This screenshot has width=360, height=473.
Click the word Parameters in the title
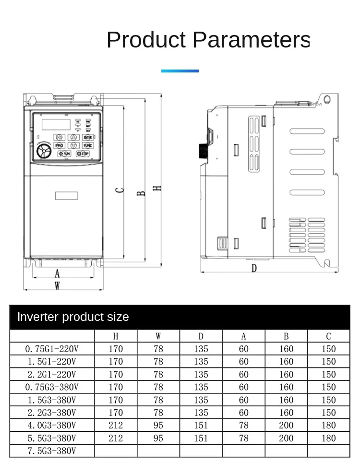point(251,40)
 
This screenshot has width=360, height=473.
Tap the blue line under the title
point(180,71)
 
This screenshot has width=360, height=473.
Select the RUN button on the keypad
point(64,154)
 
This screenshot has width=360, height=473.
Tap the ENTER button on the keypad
point(87,137)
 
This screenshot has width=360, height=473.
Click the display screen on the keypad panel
point(57,124)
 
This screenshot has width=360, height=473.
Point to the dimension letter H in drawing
point(157,188)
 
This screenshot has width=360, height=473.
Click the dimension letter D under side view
point(254,268)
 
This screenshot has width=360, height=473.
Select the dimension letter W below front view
point(57,286)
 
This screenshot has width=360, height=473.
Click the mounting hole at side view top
point(327,100)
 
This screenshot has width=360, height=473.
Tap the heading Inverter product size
point(73,317)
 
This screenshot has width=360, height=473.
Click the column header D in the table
point(201,336)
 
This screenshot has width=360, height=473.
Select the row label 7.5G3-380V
point(51,450)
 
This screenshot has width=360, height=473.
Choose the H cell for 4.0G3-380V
point(116,425)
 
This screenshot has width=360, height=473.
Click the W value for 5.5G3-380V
point(158,438)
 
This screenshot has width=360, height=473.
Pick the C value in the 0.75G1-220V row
point(329,349)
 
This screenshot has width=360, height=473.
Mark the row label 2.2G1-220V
point(51,374)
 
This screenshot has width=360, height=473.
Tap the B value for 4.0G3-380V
point(286,425)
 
